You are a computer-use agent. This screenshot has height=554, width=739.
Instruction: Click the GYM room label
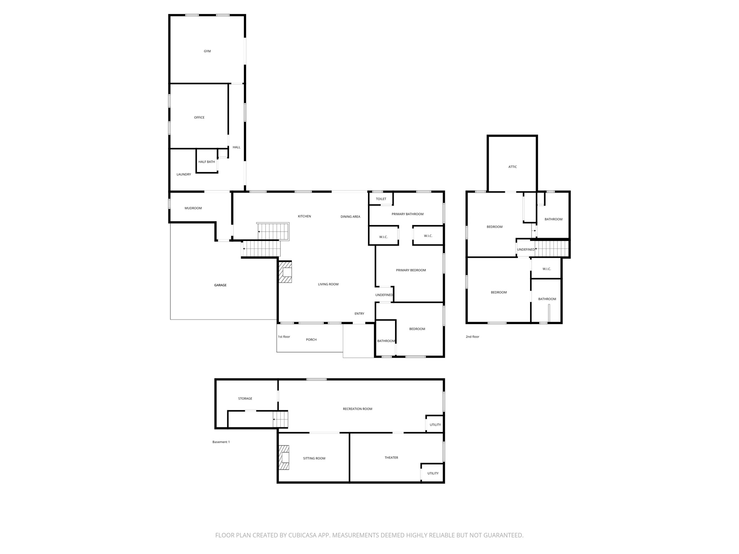click(207, 51)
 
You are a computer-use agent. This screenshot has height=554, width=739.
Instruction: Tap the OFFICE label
click(199, 118)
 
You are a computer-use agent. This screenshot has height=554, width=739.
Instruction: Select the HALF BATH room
click(207, 162)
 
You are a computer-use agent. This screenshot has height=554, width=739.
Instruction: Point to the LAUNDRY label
click(184, 175)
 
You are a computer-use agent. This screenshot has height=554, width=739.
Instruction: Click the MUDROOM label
click(193, 208)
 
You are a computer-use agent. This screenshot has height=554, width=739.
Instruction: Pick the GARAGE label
click(220, 285)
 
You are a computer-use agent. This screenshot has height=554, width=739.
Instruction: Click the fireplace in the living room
click(285, 272)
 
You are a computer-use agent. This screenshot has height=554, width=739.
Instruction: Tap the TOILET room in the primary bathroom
click(381, 199)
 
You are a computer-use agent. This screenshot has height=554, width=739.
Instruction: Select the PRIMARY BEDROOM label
click(411, 270)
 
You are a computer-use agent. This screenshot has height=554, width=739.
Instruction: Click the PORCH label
click(311, 340)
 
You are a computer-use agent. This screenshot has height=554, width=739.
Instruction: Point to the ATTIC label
click(513, 167)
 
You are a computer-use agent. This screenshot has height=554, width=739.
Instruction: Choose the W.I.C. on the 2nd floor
click(547, 269)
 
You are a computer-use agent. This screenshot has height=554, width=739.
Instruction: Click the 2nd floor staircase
click(552, 249)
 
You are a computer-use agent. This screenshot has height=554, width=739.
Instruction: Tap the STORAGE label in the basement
click(245, 399)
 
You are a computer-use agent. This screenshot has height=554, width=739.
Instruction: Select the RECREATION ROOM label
click(358, 409)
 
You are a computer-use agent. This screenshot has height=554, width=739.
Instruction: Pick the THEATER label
click(392, 458)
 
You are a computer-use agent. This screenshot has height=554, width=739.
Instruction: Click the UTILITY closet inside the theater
click(433, 473)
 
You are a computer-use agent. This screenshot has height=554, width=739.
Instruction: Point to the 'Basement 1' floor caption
click(221, 442)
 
